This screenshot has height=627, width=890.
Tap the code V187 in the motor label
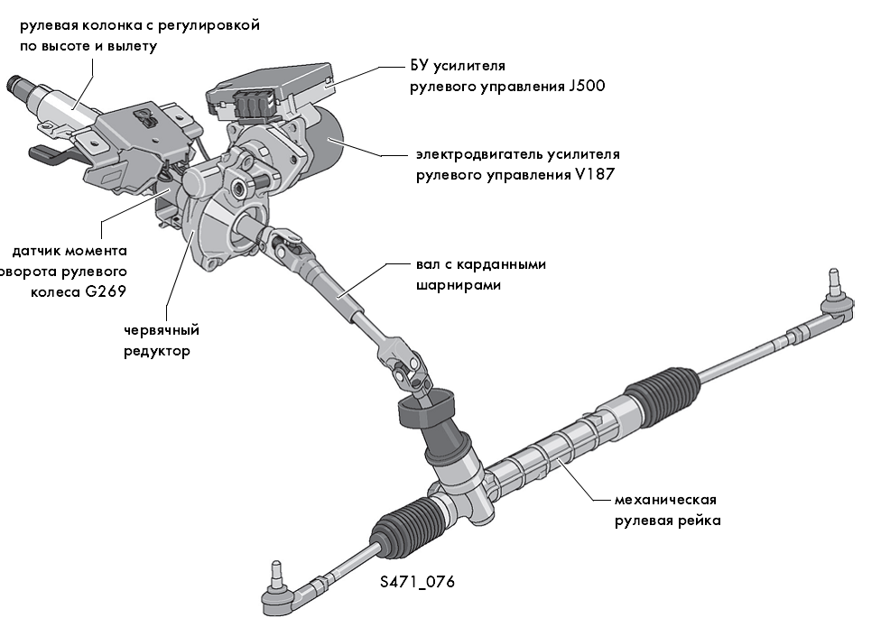[594, 175]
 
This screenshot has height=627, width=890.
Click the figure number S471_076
[417, 582]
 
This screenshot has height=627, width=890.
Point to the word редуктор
[157, 351]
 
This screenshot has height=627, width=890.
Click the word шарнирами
[447, 285]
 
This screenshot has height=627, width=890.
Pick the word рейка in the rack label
[701, 521]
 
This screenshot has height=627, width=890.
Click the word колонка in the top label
[113, 25]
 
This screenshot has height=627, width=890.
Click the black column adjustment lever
[51, 154]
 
